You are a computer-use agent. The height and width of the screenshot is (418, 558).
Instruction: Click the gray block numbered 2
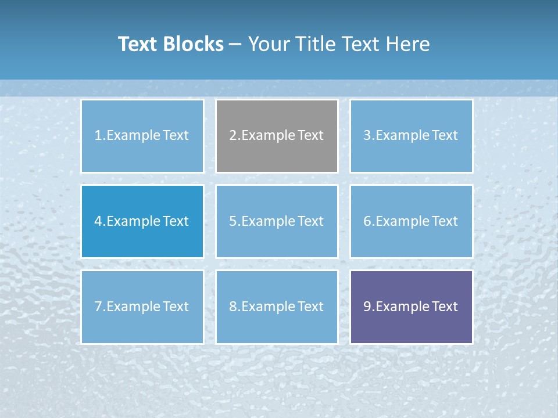277,136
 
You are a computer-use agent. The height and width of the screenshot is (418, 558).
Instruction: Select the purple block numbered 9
411,307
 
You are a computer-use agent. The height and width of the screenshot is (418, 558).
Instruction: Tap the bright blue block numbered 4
142,221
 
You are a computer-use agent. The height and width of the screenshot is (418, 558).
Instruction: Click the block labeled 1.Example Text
142,136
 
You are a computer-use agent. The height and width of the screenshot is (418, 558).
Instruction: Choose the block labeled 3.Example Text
411,136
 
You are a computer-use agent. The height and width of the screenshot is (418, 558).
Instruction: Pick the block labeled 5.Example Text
277,221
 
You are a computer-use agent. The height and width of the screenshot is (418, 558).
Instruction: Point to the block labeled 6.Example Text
411,221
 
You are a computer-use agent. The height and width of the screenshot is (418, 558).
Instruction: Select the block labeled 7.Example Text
142,307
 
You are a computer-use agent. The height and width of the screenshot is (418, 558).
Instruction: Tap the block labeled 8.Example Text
277,307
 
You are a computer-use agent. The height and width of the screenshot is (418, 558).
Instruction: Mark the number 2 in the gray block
233,136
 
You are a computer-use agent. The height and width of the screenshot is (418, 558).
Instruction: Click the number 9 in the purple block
367,307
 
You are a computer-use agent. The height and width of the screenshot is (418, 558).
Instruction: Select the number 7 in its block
98,307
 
